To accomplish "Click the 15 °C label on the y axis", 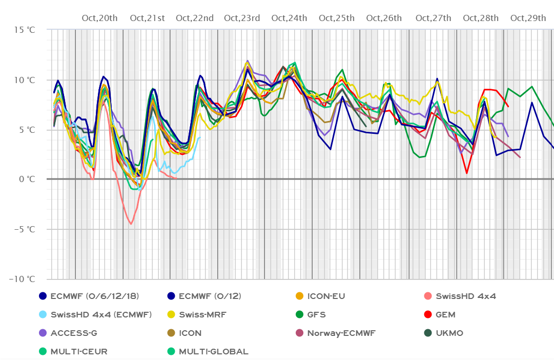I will tap(25, 30).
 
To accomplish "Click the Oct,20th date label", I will tap(99, 18).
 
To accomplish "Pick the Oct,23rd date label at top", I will tap(242, 18).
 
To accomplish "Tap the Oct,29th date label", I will tap(528, 18).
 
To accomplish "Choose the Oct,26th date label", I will tap(384, 18).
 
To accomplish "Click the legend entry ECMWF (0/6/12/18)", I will tap(95, 296).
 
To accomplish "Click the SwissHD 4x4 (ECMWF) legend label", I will tap(101, 314).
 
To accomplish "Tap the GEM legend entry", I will tap(445, 314).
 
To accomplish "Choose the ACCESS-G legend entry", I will tap(74, 333).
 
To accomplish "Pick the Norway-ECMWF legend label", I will tap(341, 333).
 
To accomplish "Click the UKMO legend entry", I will tap(449, 333).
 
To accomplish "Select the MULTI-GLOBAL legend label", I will tap(213, 351).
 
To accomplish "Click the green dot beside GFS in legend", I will tap(299, 314).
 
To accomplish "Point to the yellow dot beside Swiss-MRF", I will tap(171, 314).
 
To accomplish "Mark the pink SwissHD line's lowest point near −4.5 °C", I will tap(131, 224).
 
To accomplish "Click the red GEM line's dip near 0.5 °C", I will tap(467, 173).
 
